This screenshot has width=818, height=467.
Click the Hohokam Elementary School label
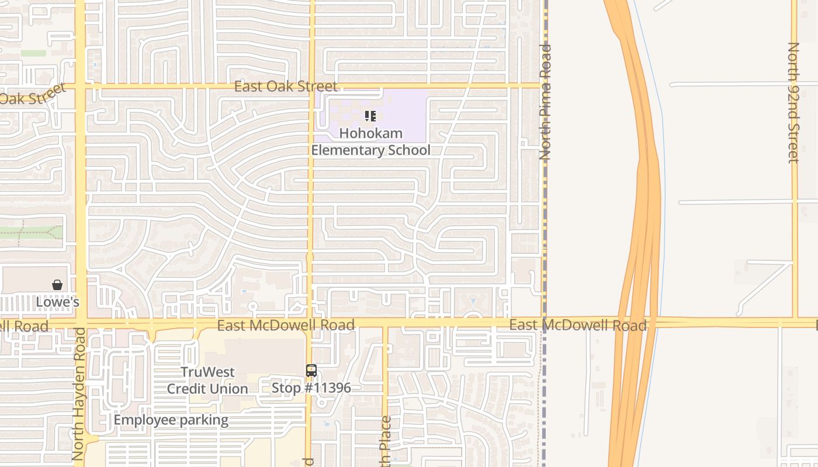370,142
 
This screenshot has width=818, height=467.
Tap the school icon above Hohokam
370,116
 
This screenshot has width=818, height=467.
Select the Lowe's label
57,302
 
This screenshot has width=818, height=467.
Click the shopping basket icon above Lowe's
57,285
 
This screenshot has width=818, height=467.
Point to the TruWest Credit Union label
207,380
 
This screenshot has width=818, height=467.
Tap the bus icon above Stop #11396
311,371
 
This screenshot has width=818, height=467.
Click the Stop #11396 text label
311,388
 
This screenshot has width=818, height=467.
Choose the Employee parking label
171,420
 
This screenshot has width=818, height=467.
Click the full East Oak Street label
286,86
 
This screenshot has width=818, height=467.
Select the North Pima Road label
545,102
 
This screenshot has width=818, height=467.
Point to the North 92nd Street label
793,102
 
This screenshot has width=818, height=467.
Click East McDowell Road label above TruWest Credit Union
286,325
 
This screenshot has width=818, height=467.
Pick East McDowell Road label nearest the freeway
577,325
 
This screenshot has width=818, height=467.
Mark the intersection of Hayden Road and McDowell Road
80,323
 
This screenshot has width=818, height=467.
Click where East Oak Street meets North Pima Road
543,86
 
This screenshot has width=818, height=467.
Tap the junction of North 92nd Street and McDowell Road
795,322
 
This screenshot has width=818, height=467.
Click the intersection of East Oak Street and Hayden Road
80,88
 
